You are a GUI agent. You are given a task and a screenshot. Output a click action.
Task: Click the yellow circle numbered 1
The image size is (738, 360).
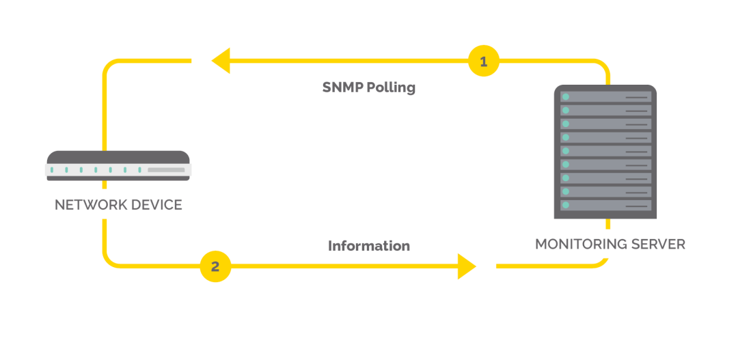point(484,62)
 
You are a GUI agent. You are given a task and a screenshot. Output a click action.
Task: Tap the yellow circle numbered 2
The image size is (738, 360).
point(215,266)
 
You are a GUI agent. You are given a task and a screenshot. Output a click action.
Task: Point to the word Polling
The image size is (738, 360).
point(391,88)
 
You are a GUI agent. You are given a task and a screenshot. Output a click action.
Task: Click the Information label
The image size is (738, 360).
point(369,246)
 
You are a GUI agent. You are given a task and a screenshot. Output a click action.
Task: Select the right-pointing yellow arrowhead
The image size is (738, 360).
point(467,266)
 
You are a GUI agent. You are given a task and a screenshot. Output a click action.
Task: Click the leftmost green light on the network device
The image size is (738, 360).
point(52,169)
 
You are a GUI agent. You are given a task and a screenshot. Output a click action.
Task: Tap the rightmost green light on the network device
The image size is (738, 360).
point(139,169)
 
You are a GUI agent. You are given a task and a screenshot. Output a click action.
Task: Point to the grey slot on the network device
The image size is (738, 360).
point(166,169)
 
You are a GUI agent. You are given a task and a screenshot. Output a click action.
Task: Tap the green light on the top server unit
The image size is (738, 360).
point(566,97)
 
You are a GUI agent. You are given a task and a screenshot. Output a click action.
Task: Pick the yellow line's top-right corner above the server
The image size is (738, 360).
point(603,66)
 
